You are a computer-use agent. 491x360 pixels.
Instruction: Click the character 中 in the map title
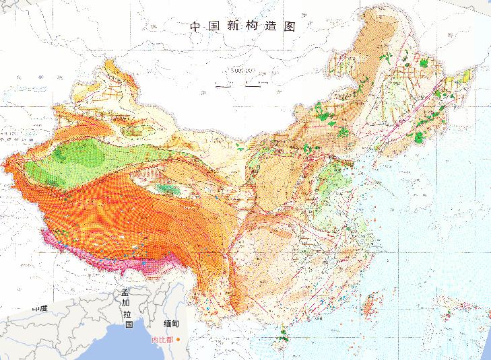(x=195, y=27)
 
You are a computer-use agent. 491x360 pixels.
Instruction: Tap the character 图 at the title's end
(x=291, y=27)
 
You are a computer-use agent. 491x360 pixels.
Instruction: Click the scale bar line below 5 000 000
(x=237, y=85)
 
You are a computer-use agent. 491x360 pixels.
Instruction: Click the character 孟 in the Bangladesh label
(x=126, y=294)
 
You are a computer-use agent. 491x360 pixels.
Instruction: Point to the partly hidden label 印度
(x=40, y=308)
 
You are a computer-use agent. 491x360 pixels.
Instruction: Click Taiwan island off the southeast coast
(x=369, y=306)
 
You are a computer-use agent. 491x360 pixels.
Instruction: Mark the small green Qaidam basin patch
(x=172, y=190)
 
